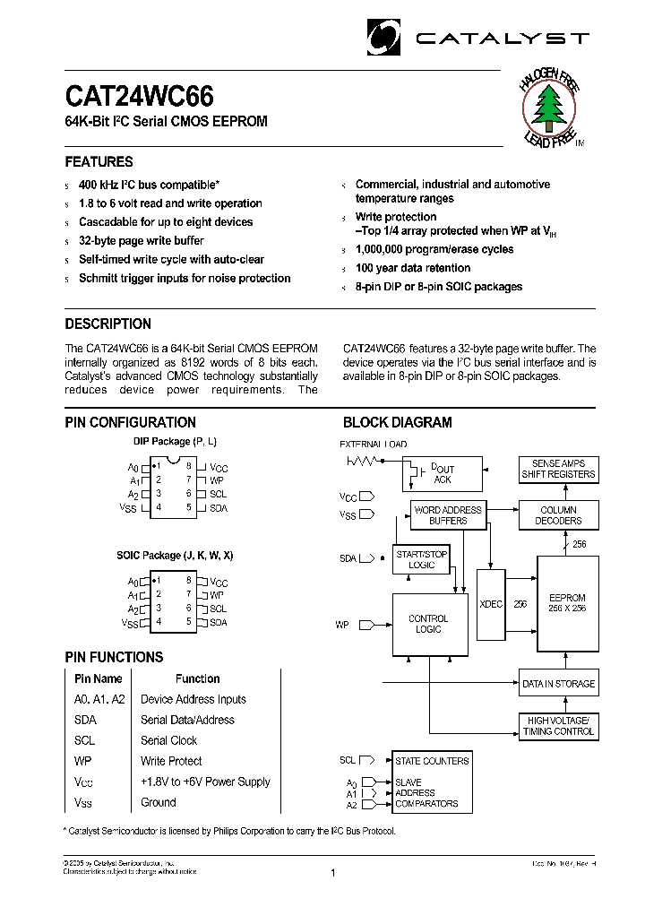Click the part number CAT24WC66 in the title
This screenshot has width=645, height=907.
(139, 96)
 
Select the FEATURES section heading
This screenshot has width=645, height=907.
(99, 162)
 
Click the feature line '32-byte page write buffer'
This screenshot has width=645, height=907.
(141, 241)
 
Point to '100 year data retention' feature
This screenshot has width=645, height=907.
(412, 268)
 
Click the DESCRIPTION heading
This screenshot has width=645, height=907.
(107, 324)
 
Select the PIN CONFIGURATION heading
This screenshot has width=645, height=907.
(130, 423)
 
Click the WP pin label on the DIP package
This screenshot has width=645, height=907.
(216, 480)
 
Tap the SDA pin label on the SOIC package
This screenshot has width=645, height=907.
(218, 622)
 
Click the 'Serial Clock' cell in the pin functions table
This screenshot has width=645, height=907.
(168, 740)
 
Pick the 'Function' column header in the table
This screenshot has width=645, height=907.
(197, 678)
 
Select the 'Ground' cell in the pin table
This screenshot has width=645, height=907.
(158, 802)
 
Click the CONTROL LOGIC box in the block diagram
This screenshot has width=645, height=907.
(429, 624)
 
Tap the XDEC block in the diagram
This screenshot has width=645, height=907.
(491, 604)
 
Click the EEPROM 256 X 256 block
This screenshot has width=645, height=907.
(567, 603)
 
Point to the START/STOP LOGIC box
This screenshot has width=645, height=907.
(421, 559)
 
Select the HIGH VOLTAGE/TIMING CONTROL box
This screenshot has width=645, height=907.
(558, 726)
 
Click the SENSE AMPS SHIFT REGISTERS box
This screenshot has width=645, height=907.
(558, 469)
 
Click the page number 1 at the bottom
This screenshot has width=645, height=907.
(332, 873)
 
